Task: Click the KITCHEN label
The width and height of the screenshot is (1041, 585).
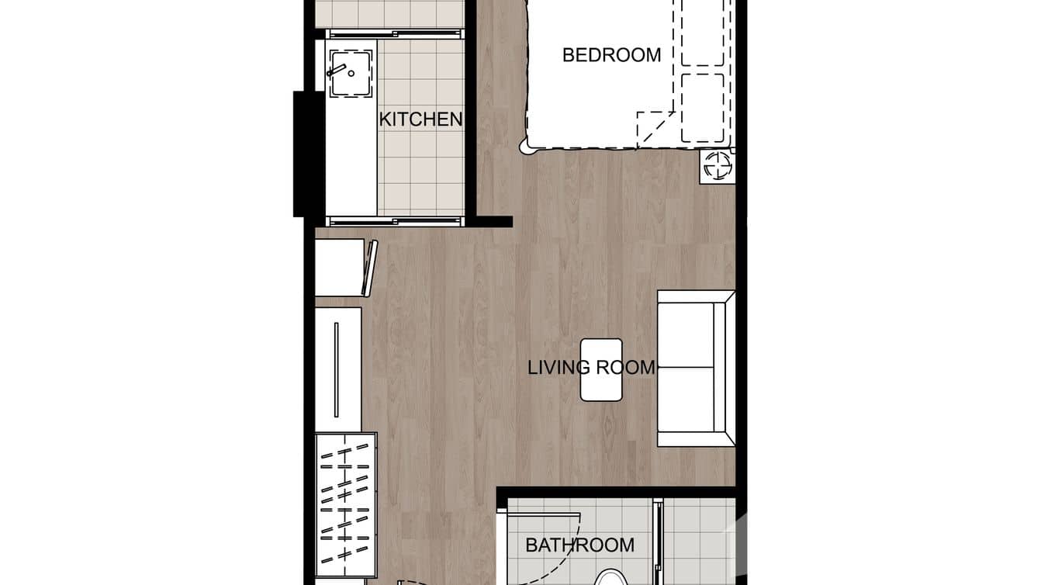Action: coord(420,119)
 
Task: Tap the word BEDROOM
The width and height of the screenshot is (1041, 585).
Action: coord(611,55)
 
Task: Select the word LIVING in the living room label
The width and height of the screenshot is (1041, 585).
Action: coord(556,367)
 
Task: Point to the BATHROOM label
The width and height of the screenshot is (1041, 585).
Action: coord(579,545)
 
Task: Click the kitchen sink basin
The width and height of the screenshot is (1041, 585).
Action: coord(351,74)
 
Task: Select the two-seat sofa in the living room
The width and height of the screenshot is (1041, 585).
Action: coord(694,369)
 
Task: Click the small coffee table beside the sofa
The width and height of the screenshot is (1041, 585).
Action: coord(601,369)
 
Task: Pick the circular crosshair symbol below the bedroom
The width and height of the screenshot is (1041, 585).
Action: coord(717,166)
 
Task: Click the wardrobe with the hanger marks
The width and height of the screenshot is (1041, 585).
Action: coord(345,504)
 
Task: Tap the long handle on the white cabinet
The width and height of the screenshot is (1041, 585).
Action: coord(336,369)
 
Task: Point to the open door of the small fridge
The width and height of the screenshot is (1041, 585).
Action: coord(370,268)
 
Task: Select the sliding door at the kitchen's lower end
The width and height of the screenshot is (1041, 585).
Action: coord(396,221)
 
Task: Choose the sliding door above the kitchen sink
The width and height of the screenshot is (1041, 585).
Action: coord(396,33)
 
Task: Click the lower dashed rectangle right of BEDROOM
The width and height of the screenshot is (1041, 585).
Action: coord(702,108)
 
